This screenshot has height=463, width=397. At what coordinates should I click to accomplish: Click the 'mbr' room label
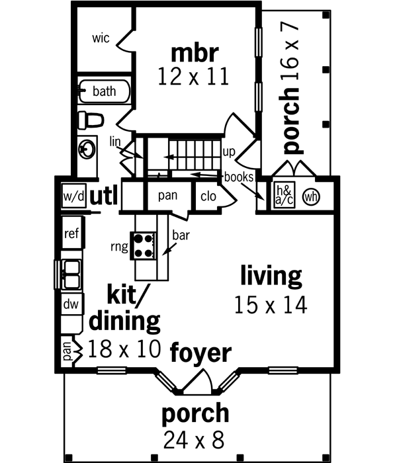[x=193, y=52]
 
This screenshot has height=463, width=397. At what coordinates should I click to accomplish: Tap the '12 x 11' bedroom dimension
[x=193, y=76]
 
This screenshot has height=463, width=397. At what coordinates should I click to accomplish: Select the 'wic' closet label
[x=101, y=38]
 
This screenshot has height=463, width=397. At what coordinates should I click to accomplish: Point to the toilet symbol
[x=91, y=120]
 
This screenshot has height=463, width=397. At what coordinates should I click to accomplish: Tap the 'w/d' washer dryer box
[x=73, y=196]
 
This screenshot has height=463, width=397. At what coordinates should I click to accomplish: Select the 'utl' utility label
[x=103, y=196]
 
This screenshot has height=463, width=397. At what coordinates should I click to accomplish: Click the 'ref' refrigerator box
[x=71, y=233]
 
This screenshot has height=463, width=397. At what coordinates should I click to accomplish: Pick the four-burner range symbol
[x=144, y=246]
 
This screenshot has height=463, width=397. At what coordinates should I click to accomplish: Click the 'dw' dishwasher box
[x=71, y=305]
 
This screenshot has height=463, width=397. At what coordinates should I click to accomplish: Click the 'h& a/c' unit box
[x=285, y=196]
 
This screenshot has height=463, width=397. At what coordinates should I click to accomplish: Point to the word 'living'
[x=271, y=274]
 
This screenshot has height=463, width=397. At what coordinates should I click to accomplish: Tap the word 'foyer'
[x=201, y=353]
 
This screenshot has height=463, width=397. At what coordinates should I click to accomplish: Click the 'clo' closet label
[x=207, y=196]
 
